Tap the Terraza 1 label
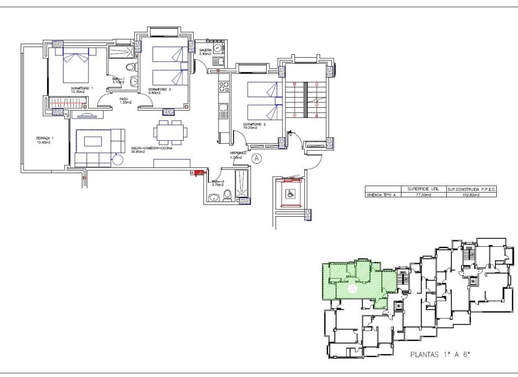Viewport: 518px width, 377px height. point(45,140)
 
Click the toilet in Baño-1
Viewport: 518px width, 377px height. point(133,82)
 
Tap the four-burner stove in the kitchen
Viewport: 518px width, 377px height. point(224,86)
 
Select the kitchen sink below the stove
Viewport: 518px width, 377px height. point(224,108)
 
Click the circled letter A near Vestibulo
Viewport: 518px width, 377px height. point(256,157)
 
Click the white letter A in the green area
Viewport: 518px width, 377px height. point(351,289)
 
